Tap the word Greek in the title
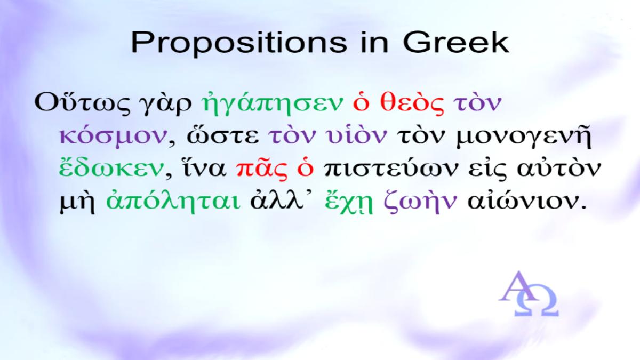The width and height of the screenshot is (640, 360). [456, 42]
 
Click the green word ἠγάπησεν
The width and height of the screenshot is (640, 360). [271, 102]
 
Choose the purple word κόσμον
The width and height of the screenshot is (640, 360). [113, 136]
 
